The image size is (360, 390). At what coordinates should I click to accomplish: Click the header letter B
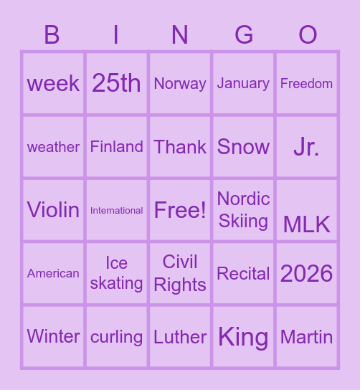[x=52, y=34]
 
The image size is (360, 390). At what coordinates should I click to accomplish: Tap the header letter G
[x=244, y=34]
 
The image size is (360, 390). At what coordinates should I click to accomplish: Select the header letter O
[x=308, y=34]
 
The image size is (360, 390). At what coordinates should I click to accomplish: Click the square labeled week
[x=53, y=83]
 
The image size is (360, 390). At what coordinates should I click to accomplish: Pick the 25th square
[x=116, y=83]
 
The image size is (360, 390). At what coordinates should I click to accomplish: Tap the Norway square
[x=180, y=83]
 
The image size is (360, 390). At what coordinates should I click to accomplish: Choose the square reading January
[x=243, y=83]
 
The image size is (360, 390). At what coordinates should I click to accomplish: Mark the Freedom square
[x=306, y=83]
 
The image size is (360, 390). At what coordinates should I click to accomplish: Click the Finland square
[x=116, y=146]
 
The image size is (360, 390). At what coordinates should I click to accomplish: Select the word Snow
[x=243, y=146]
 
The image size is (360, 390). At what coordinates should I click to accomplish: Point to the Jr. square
[x=306, y=146]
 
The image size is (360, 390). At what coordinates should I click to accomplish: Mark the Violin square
[x=53, y=210]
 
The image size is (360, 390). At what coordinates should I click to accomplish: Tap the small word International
[x=116, y=210]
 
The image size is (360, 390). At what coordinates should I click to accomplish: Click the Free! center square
[x=180, y=210]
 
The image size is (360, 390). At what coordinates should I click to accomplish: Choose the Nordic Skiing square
[x=243, y=210]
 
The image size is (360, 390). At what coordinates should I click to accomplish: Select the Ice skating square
[x=116, y=273]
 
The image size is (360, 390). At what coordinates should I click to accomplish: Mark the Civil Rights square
[x=180, y=273]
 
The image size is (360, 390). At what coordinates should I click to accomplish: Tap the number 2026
[x=306, y=273]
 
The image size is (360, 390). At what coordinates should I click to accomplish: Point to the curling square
[x=116, y=336]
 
